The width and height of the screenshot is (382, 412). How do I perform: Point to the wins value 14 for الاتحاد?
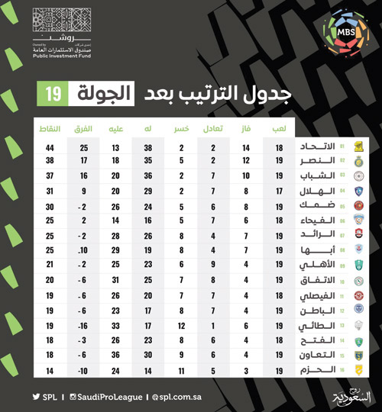pos(247,147)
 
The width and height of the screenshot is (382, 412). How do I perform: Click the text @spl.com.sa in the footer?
pos(180,397)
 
